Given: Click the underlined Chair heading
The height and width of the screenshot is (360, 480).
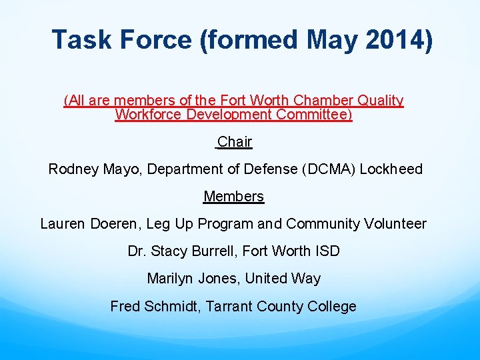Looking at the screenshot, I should coord(235,141).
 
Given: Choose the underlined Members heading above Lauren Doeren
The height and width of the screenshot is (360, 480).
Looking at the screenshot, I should coord(233,196).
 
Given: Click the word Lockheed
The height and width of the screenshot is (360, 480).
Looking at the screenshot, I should coord(391,169).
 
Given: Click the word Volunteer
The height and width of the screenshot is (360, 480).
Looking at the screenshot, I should coord(395,224).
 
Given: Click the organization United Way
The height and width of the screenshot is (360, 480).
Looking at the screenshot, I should coord(283,279).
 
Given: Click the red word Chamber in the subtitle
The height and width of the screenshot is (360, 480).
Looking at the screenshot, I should coord(326,101).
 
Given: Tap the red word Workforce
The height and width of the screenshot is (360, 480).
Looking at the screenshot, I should coord(146,115).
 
